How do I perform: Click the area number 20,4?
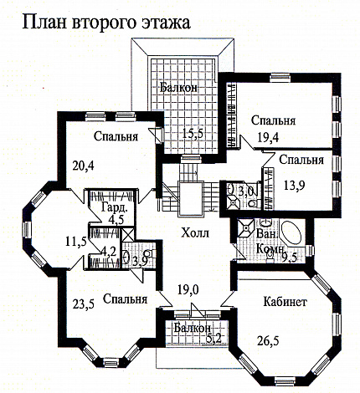(x=83, y=164)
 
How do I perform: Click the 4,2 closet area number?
(x=108, y=249)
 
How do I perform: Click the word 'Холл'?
(x=194, y=232)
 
